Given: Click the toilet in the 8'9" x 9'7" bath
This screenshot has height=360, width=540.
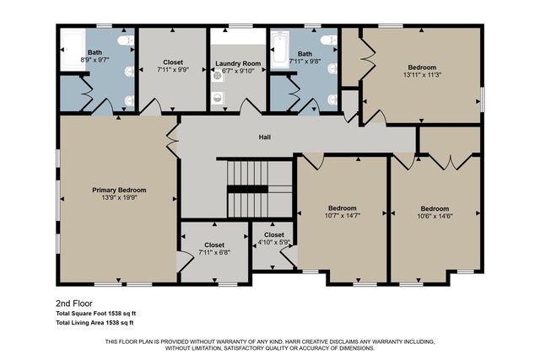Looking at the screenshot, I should pyautogui.click(x=126, y=40).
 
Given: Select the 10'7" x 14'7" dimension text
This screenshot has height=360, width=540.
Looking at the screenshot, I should pyautogui.click(x=341, y=216).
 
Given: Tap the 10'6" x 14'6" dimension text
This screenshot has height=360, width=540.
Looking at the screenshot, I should pyautogui.click(x=435, y=216).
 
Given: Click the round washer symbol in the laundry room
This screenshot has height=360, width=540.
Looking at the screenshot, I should pyautogui.click(x=217, y=73).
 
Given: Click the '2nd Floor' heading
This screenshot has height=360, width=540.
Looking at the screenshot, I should pyautogui.click(x=73, y=303).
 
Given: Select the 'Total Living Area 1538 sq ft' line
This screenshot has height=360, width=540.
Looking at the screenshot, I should pyautogui.click(x=95, y=322).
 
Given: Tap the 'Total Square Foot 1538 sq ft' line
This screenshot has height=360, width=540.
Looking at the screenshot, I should pyautogui.click(x=95, y=313).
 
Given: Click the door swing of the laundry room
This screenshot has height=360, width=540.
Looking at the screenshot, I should pyautogui.click(x=250, y=107).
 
